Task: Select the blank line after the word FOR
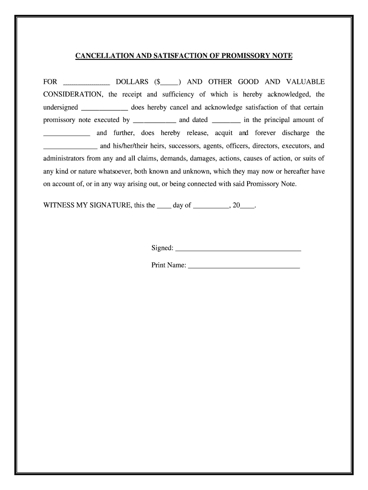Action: point(87,83)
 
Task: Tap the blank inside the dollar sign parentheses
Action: point(170,83)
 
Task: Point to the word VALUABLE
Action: point(305,82)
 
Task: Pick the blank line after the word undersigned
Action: point(105,108)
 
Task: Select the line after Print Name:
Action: point(244,266)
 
